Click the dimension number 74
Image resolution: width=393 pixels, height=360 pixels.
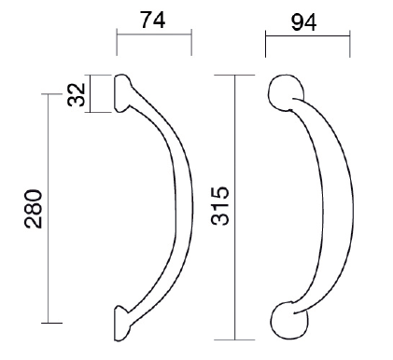[x=152, y=20]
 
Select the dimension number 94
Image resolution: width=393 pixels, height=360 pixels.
[x=303, y=22]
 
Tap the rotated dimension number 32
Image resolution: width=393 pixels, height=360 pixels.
[x=77, y=94]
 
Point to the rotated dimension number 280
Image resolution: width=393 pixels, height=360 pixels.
[x=34, y=209]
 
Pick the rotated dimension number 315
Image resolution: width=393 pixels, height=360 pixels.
[x=220, y=205]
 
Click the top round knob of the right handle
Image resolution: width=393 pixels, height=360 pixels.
[x=287, y=92]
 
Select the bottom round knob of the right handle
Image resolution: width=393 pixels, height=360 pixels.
[x=289, y=320]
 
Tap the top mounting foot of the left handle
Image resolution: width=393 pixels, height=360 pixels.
[x=122, y=93]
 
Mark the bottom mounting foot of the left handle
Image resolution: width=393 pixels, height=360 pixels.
[x=122, y=324]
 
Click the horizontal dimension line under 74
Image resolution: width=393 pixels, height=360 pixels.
[x=154, y=35]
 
